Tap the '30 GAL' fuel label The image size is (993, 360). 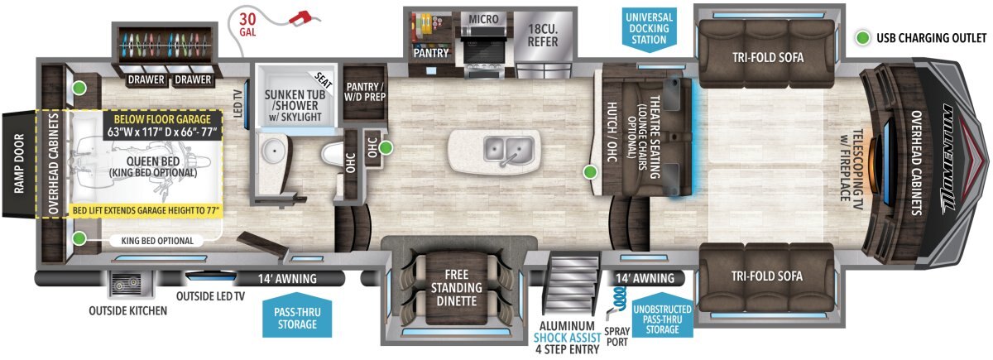point(247,25)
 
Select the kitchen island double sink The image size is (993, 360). point(508,150)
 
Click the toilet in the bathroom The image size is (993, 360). point(332,154)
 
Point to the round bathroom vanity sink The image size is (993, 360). point(274,151)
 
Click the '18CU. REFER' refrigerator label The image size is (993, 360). point(543,36)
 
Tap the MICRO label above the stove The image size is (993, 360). point(483,19)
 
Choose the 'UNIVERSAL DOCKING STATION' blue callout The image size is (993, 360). point(650,29)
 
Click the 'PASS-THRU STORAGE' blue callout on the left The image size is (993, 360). point(297,316)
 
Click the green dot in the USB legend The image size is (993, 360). point(862,38)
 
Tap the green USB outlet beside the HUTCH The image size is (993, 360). point(589,172)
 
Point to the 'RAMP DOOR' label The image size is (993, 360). point(18,164)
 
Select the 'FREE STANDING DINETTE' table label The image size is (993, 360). point(457,288)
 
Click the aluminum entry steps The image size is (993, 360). point(573,282)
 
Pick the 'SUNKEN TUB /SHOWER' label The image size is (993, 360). point(295,100)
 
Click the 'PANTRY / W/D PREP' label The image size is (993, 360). point(365,92)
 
